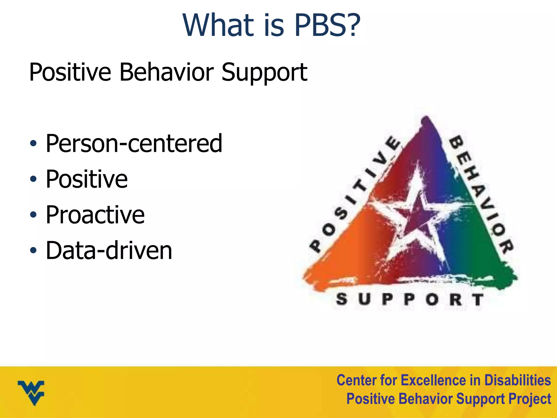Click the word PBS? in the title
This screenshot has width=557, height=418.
coord(327,25)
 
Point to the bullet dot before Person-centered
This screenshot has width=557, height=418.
coord(33,143)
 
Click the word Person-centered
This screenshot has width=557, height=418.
coord(134,143)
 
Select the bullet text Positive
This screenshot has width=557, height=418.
coord(86,179)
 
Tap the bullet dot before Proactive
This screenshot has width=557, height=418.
coord(33,215)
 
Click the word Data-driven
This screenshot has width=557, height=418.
coord(109,250)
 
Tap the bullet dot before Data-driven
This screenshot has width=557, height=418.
coord(33,250)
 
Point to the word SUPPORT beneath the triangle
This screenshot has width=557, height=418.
coord(410,299)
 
